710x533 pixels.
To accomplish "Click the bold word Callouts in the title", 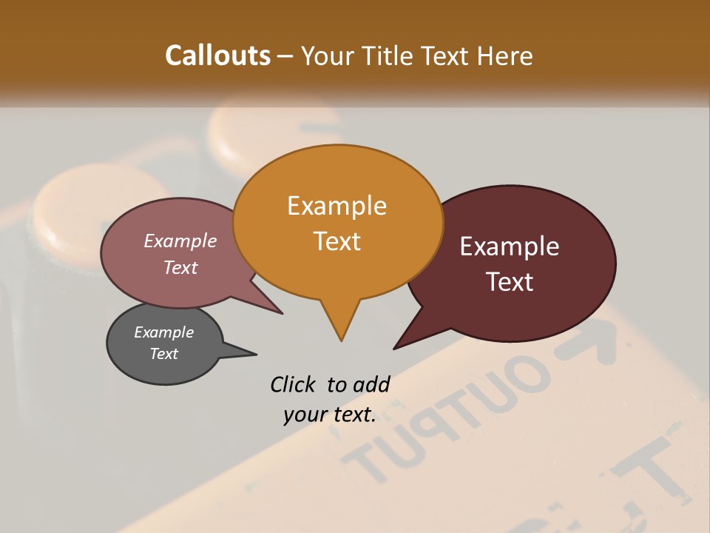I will point(217,56).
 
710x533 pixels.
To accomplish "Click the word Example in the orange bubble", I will point(337,206).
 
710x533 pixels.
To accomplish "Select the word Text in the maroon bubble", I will point(510,282).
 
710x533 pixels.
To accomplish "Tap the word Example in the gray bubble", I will point(163,332).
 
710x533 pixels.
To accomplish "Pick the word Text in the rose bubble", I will point(180,267).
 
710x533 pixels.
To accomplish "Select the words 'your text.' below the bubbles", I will point(329,415).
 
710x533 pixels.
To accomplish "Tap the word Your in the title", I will point(328,56).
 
